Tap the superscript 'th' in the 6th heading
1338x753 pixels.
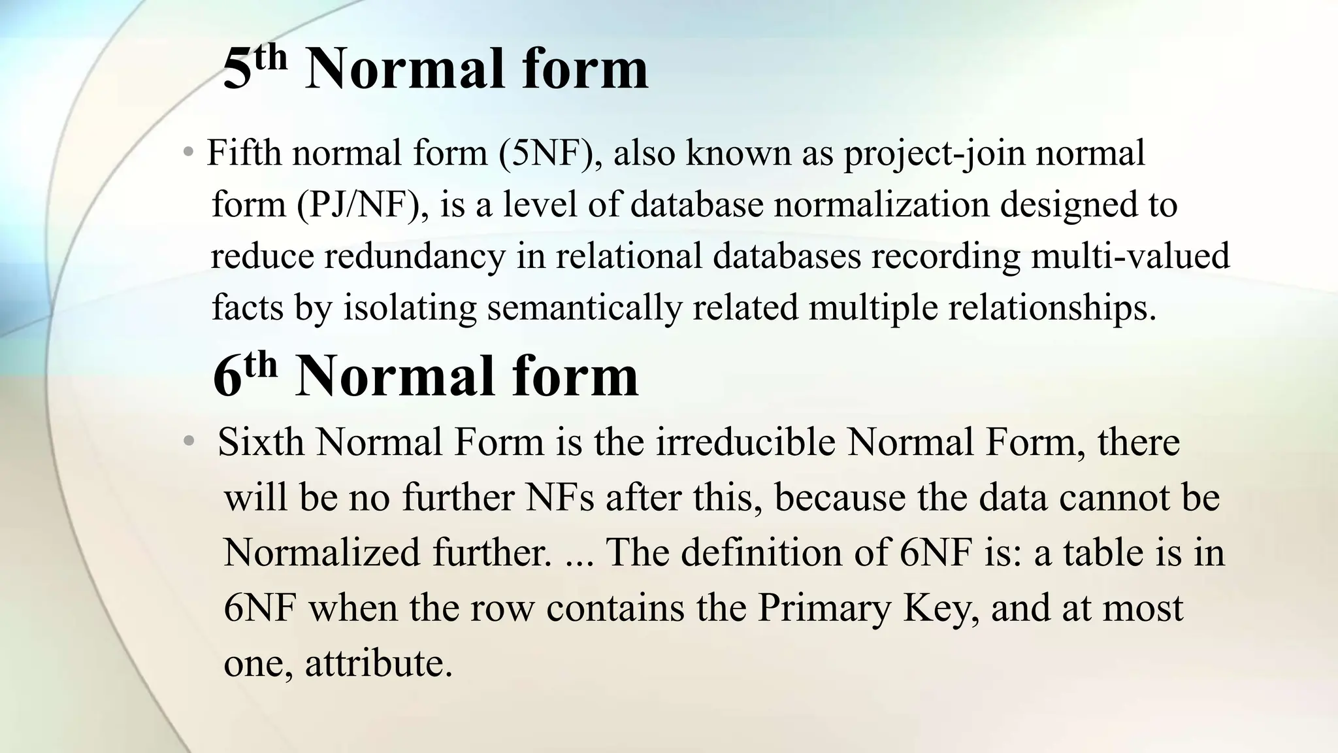coord(260,365)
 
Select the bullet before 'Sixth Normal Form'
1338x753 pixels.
coord(189,443)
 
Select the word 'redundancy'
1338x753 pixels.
coord(415,256)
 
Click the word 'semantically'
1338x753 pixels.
coord(584,307)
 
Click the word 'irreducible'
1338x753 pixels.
coord(745,443)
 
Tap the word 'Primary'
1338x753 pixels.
coord(824,608)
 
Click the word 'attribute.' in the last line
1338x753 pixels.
coord(379,663)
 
